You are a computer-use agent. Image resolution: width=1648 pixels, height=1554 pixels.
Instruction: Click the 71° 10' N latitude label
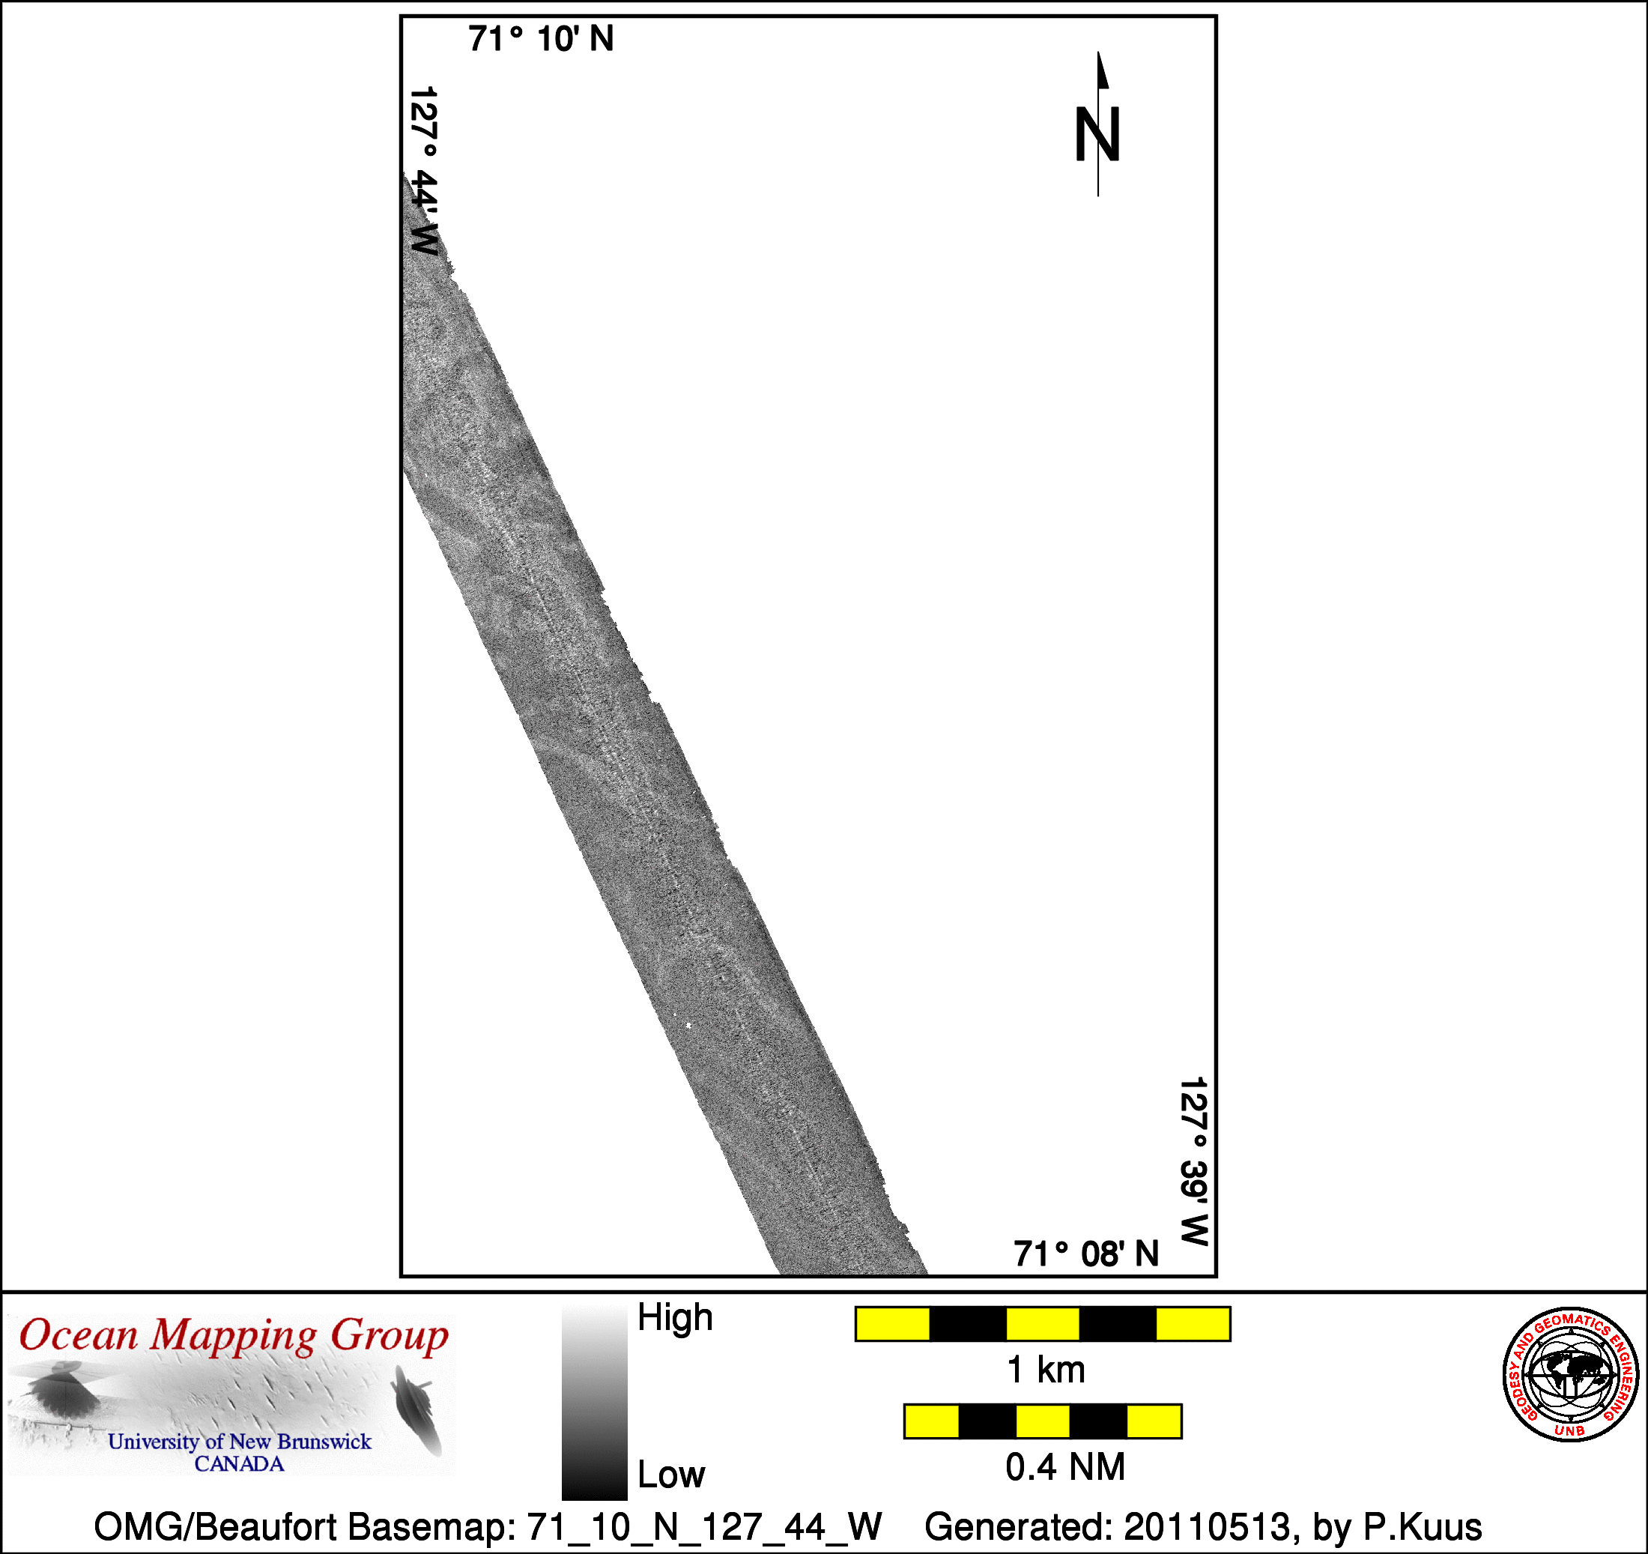pyautogui.click(x=541, y=39)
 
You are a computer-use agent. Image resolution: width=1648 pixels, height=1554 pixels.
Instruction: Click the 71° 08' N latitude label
pyautogui.click(x=1086, y=1253)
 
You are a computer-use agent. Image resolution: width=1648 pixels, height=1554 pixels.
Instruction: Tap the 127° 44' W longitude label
pyautogui.click(x=423, y=171)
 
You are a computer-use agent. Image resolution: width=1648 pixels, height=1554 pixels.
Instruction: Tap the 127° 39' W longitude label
pyautogui.click(x=1194, y=1161)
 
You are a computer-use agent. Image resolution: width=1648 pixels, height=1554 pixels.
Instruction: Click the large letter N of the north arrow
pyautogui.click(x=1097, y=134)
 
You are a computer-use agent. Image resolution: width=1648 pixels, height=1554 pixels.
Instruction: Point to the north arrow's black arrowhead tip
pyautogui.click(x=1098, y=52)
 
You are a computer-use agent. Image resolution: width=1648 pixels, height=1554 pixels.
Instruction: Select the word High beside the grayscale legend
pyautogui.click(x=675, y=1318)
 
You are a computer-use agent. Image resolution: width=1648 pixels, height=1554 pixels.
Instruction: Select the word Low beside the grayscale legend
pyautogui.click(x=670, y=1474)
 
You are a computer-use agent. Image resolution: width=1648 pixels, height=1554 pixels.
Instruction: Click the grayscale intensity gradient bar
pyautogui.click(x=594, y=1402)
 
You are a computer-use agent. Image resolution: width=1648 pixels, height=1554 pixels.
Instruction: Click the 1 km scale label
pyautogui.click(x=1045, y=1369)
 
